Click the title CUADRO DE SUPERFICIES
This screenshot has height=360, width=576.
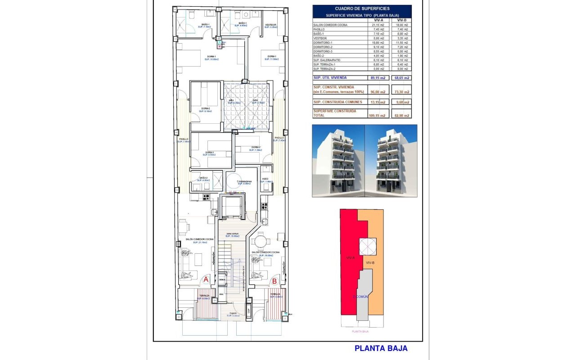coord(362,9)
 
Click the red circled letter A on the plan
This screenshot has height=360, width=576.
coord(206,279)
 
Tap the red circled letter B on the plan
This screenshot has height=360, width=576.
coord(275,282)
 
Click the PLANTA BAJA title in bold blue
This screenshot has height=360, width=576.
coord(381,348)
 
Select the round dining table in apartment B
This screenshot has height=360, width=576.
coord(260,239)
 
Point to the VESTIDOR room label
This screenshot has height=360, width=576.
coord(270,25)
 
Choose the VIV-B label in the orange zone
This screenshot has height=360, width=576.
coord(370,262)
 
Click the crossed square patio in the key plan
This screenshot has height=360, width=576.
coord(368,246)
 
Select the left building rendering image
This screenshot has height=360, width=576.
coord(338,161)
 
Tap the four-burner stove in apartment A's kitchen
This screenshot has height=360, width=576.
coord(207,197)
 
